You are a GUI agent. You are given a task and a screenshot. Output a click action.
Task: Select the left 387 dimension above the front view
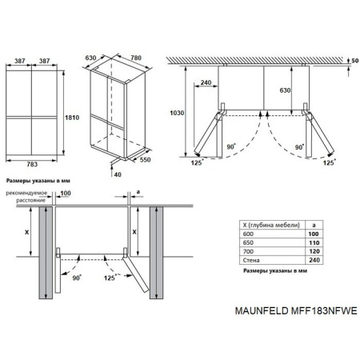tap(18, 61)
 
